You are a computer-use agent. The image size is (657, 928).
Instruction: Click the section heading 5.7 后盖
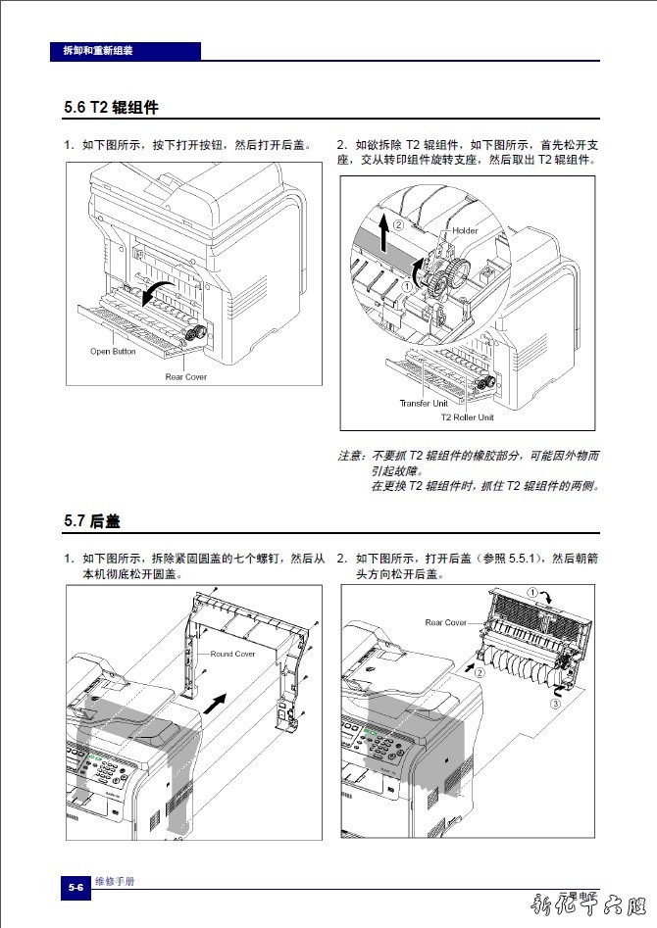click(92, 521)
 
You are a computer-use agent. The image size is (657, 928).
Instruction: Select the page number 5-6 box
click(76, 886)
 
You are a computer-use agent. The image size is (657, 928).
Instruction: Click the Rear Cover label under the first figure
click(185, 376)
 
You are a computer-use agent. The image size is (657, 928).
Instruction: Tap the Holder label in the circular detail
click(465, 231)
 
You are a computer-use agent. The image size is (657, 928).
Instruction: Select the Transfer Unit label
click(423, 403)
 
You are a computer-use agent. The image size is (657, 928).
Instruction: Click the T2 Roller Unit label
click(467, 417)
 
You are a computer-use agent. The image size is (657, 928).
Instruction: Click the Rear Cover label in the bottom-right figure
click(446, 622)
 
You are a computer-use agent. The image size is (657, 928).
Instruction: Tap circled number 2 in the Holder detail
click(399, 224)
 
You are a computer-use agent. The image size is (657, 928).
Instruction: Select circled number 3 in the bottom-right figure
click(555, 704)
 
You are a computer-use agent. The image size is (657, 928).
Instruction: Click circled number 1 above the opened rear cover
click(532, 592)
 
